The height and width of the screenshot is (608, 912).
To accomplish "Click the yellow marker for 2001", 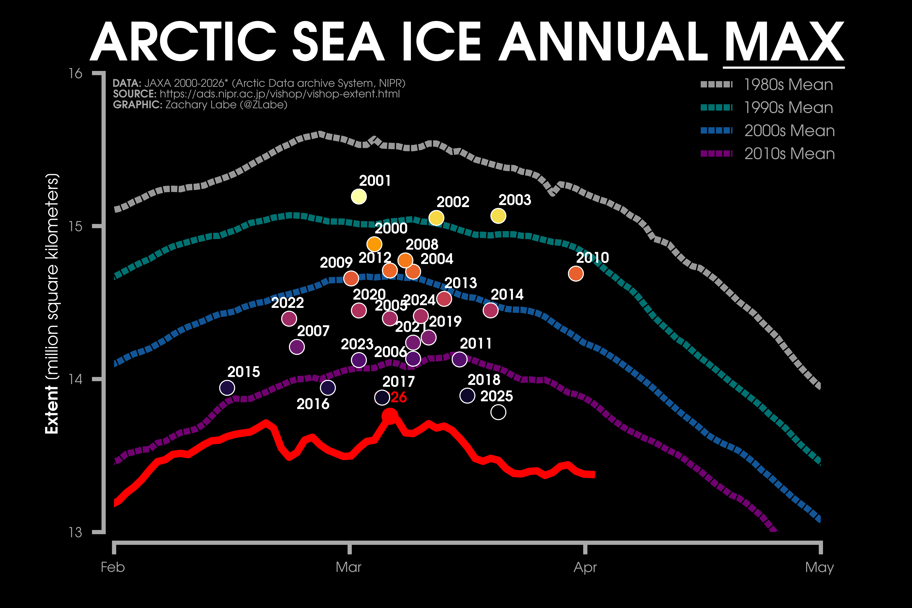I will (x=359, y=197).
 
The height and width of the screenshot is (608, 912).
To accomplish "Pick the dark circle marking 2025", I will (x=498, y=412).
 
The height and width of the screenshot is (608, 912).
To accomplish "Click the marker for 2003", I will (x=498, y=216).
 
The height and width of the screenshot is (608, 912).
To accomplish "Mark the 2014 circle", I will (x=490, y=310).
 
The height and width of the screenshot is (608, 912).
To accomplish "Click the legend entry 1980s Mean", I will (x=788, y=85).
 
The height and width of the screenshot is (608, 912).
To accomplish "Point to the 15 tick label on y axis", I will (x=76, y=226).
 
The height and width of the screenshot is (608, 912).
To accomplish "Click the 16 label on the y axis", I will (x=76, y=73).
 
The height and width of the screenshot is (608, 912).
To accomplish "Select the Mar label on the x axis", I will (x=349, y=567).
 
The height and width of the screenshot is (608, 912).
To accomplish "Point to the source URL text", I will (x=279, y=94).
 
